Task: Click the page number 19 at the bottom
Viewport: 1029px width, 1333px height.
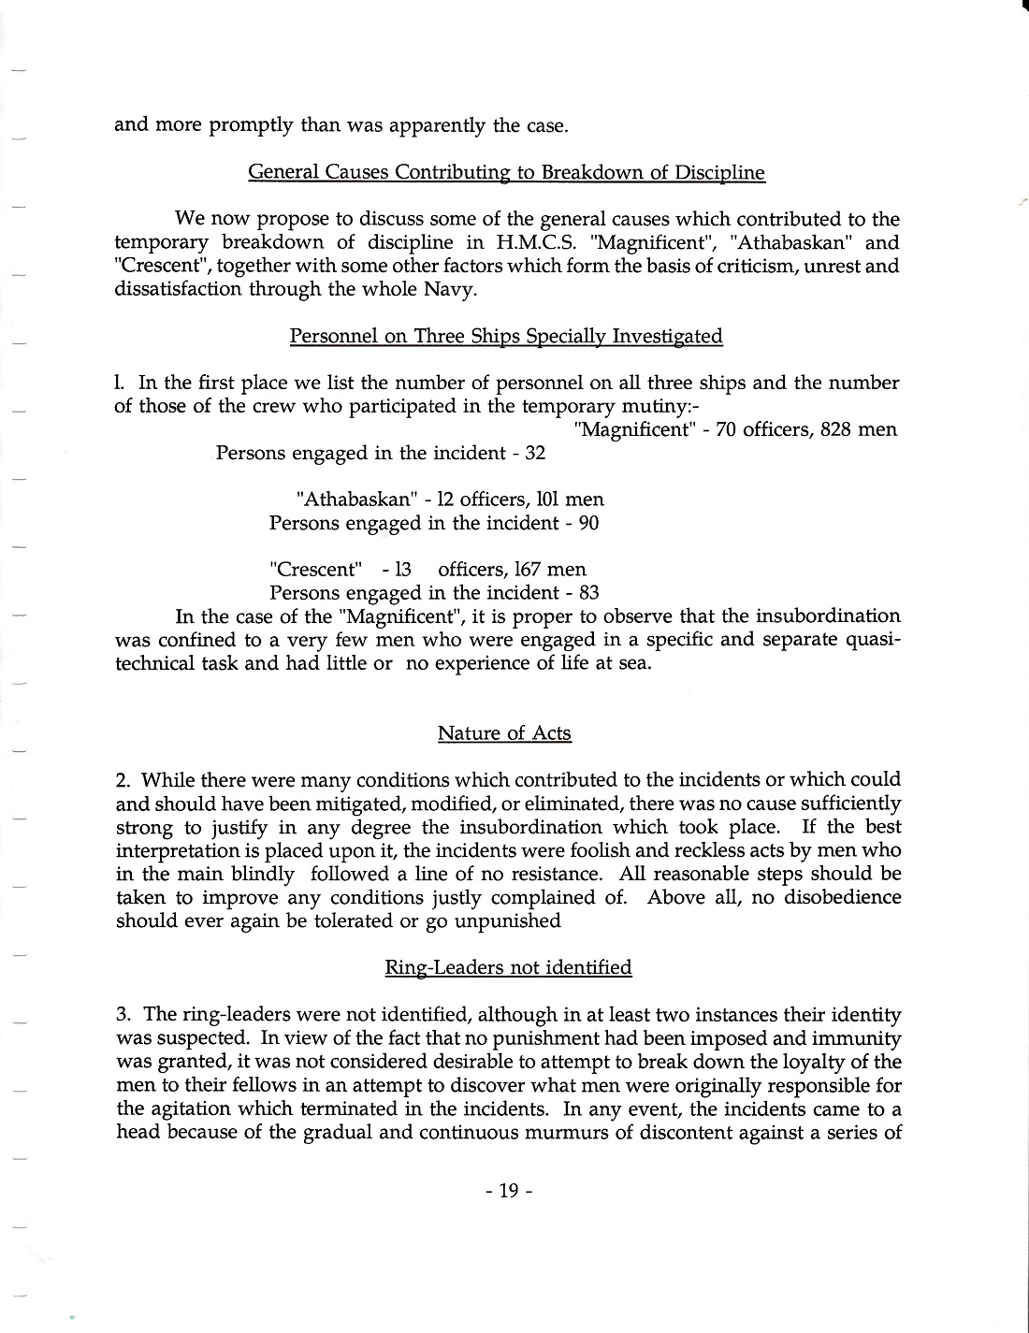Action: pyautogui.click(x=508, y=1191)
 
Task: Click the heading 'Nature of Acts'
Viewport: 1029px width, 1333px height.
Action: pyautogui.click(x=504, y=733)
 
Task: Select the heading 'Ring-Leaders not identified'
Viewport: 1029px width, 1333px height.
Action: pyautogui.click(x=508, y=967)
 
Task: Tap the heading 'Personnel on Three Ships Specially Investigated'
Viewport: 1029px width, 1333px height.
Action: pyautogui.click(x=506, y=336)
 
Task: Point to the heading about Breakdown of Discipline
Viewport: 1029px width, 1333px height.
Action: pyautogui.click(x=506, y=172)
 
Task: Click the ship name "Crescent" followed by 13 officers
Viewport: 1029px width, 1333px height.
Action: pyautogui.click(x=315, y=570)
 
